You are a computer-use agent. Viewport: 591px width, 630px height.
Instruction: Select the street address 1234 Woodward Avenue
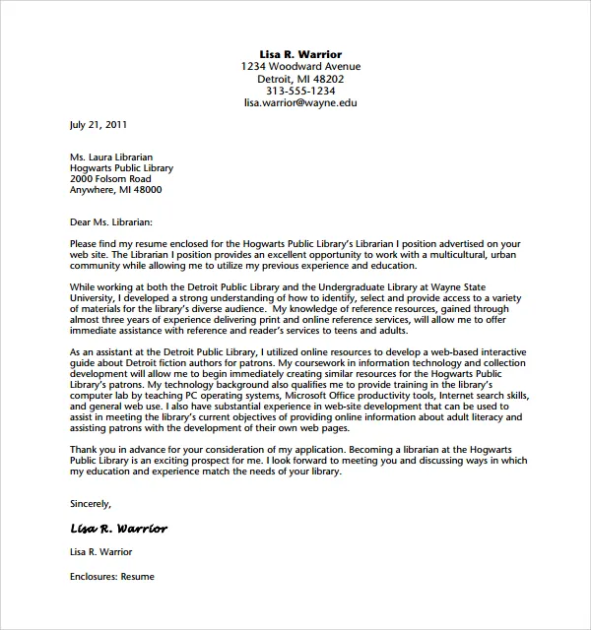[300, 66]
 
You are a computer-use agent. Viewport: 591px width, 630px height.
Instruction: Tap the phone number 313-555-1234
[300, 91]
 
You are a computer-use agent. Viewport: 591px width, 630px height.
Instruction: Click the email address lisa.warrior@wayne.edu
[300, 102]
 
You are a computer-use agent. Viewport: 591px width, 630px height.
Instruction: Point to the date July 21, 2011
[98, 125]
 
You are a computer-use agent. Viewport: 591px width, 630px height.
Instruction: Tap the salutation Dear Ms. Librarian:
[112, 223]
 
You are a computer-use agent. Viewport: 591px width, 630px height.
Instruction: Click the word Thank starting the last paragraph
[85, 449]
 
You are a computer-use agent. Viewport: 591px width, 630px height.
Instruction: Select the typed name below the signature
[101, 552]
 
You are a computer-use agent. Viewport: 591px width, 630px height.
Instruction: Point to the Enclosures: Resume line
[112, 576]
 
